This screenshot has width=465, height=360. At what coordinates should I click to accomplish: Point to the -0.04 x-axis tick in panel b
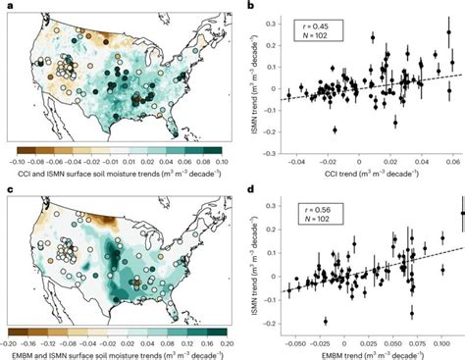coord(294,156)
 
